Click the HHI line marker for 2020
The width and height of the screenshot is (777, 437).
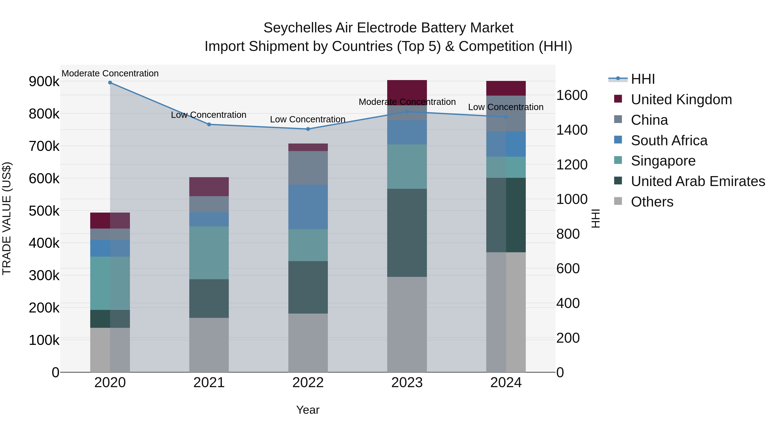(110, 83)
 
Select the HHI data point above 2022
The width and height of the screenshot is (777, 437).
(308, 129)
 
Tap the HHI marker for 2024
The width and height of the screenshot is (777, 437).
(506, 117)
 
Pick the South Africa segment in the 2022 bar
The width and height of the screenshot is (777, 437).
(308, 207)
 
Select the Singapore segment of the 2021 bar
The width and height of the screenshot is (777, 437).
(209, 253)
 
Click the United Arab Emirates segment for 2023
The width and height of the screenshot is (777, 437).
(407, 233)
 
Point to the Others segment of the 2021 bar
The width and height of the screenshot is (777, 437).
(209, 345)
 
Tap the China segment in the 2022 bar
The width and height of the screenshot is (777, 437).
(308, 168)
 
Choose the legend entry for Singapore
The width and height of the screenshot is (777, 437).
(663, 161)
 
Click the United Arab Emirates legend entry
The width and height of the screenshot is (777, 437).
(698, 181)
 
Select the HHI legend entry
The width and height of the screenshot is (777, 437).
(643, 79)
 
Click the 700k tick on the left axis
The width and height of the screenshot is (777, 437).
(44, 146)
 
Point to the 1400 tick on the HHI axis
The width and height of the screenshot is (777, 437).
(572, 130)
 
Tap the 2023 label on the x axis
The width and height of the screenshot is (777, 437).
(407, 383)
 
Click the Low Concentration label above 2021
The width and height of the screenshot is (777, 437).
(209, 115)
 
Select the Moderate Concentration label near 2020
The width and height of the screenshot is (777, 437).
(110, 73)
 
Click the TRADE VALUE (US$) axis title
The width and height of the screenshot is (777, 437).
(7, 218)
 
